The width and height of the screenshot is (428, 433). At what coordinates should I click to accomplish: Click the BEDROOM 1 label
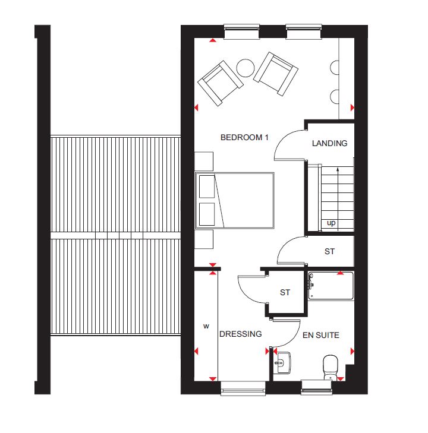244,138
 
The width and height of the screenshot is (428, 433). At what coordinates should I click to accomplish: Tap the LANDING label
330,143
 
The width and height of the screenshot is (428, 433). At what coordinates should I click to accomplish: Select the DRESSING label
240,334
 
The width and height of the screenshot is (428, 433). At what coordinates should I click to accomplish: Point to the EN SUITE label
321,335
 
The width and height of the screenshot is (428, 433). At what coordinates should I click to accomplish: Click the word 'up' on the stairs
331,223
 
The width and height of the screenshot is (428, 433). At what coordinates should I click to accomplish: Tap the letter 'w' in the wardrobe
206,327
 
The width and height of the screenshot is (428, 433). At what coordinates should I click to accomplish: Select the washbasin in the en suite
282,362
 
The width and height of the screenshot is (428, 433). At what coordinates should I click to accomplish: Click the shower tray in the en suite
331,286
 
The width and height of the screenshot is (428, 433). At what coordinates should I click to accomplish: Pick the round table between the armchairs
246,68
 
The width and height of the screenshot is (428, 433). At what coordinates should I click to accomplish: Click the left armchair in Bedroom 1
221,83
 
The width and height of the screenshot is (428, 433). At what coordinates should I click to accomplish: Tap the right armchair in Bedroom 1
275,74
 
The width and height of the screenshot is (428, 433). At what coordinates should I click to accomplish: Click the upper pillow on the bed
207,187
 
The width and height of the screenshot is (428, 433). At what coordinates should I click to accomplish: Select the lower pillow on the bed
207,214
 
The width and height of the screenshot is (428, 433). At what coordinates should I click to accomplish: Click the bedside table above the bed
204,162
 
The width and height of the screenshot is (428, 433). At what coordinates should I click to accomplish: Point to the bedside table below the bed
204,239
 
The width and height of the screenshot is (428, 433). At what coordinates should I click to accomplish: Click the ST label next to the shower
285,292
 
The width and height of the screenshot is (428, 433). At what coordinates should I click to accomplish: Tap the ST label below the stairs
330,252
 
